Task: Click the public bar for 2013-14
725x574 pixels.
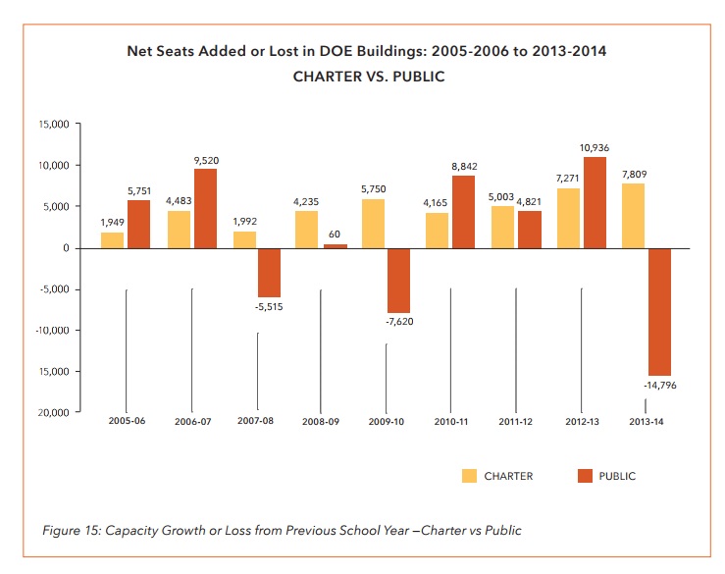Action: click(658, 311)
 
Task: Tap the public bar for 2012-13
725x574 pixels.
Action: click(594, 202)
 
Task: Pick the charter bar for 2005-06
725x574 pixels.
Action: click(113, 239)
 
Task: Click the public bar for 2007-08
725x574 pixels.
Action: click(269, 272)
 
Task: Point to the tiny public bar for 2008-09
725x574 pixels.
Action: click(336, 245)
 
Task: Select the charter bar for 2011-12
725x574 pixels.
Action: click(502, 227)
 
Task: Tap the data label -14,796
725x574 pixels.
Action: click(659, 386)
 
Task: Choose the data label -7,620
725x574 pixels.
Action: click(399, 321)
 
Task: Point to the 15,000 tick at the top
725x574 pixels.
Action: click(52, 125)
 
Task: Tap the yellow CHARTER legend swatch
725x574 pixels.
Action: click(469, 476)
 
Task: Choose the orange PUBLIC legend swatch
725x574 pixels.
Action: click(586, 476)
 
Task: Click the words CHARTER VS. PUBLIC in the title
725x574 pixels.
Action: click(369, 77)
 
